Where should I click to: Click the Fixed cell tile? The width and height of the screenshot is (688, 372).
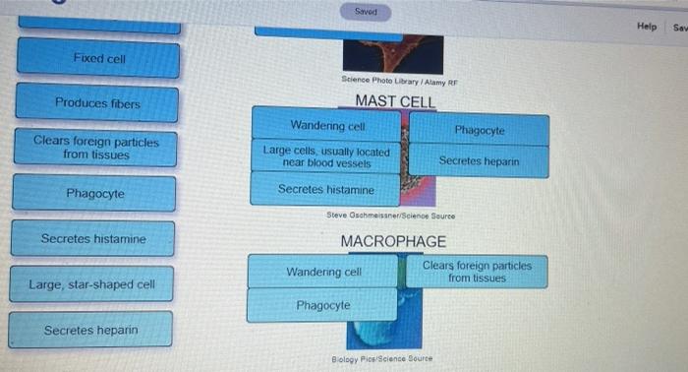point(98,59)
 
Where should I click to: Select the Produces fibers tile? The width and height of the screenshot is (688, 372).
point(97,103)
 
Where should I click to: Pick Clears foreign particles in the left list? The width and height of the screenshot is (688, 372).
point(95,148)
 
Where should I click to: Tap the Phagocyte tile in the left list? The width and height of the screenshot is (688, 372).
point(94,193)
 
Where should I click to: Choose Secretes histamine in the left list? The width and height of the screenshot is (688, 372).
point(93,239)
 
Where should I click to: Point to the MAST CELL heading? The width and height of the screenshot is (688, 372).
point(394,101)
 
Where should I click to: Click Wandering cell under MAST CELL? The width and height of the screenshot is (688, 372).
point(327,126)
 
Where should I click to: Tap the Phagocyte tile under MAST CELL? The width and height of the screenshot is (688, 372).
point(480,130)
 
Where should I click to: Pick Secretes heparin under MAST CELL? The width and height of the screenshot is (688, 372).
point(479,160)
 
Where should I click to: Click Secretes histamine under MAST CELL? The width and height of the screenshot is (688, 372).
point(325,188)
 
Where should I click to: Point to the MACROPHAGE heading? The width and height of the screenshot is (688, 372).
point(392,241)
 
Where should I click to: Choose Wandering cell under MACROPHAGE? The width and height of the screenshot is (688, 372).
point(323,272)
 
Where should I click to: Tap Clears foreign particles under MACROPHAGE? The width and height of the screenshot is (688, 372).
point(477,272)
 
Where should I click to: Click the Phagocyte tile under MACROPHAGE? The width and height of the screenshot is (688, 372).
point(322,305)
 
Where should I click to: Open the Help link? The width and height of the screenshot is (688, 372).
point(646,27)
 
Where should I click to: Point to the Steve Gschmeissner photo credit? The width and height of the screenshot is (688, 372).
point(390,215)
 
